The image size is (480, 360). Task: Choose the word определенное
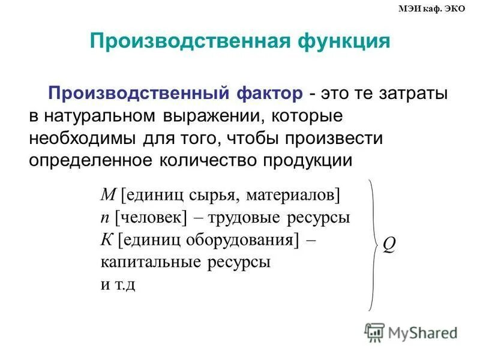click(90, 160)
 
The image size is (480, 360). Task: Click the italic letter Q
click(389, 246)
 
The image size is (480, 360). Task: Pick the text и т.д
click(118, 284)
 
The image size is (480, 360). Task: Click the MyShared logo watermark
click(411, 332)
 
